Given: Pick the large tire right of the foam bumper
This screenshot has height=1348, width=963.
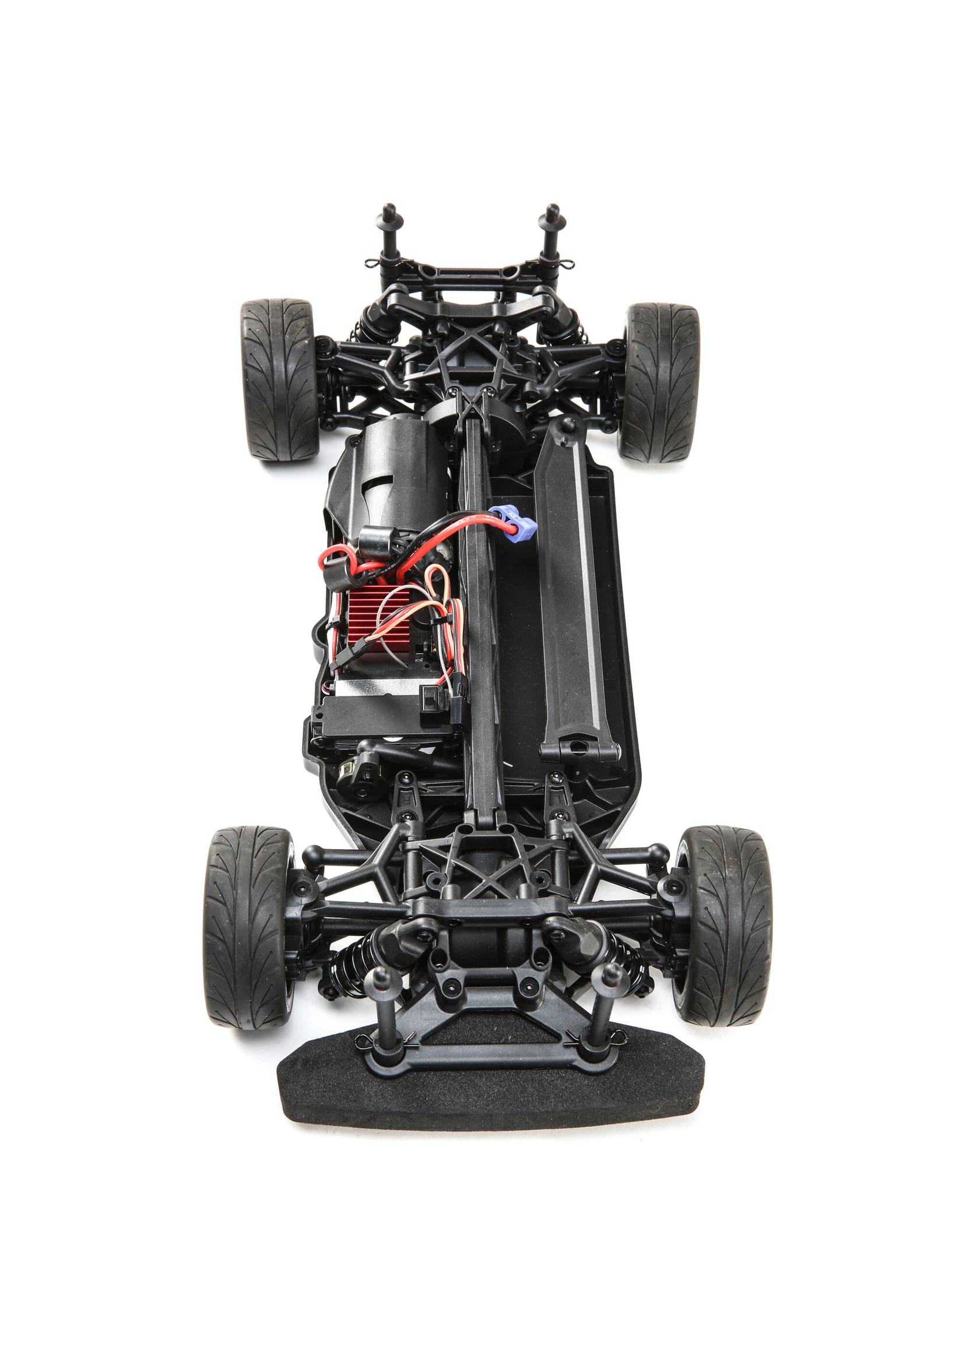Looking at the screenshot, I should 725,925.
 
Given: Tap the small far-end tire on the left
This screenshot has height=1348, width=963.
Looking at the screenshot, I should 279,379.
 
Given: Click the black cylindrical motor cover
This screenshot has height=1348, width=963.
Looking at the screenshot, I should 388,474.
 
